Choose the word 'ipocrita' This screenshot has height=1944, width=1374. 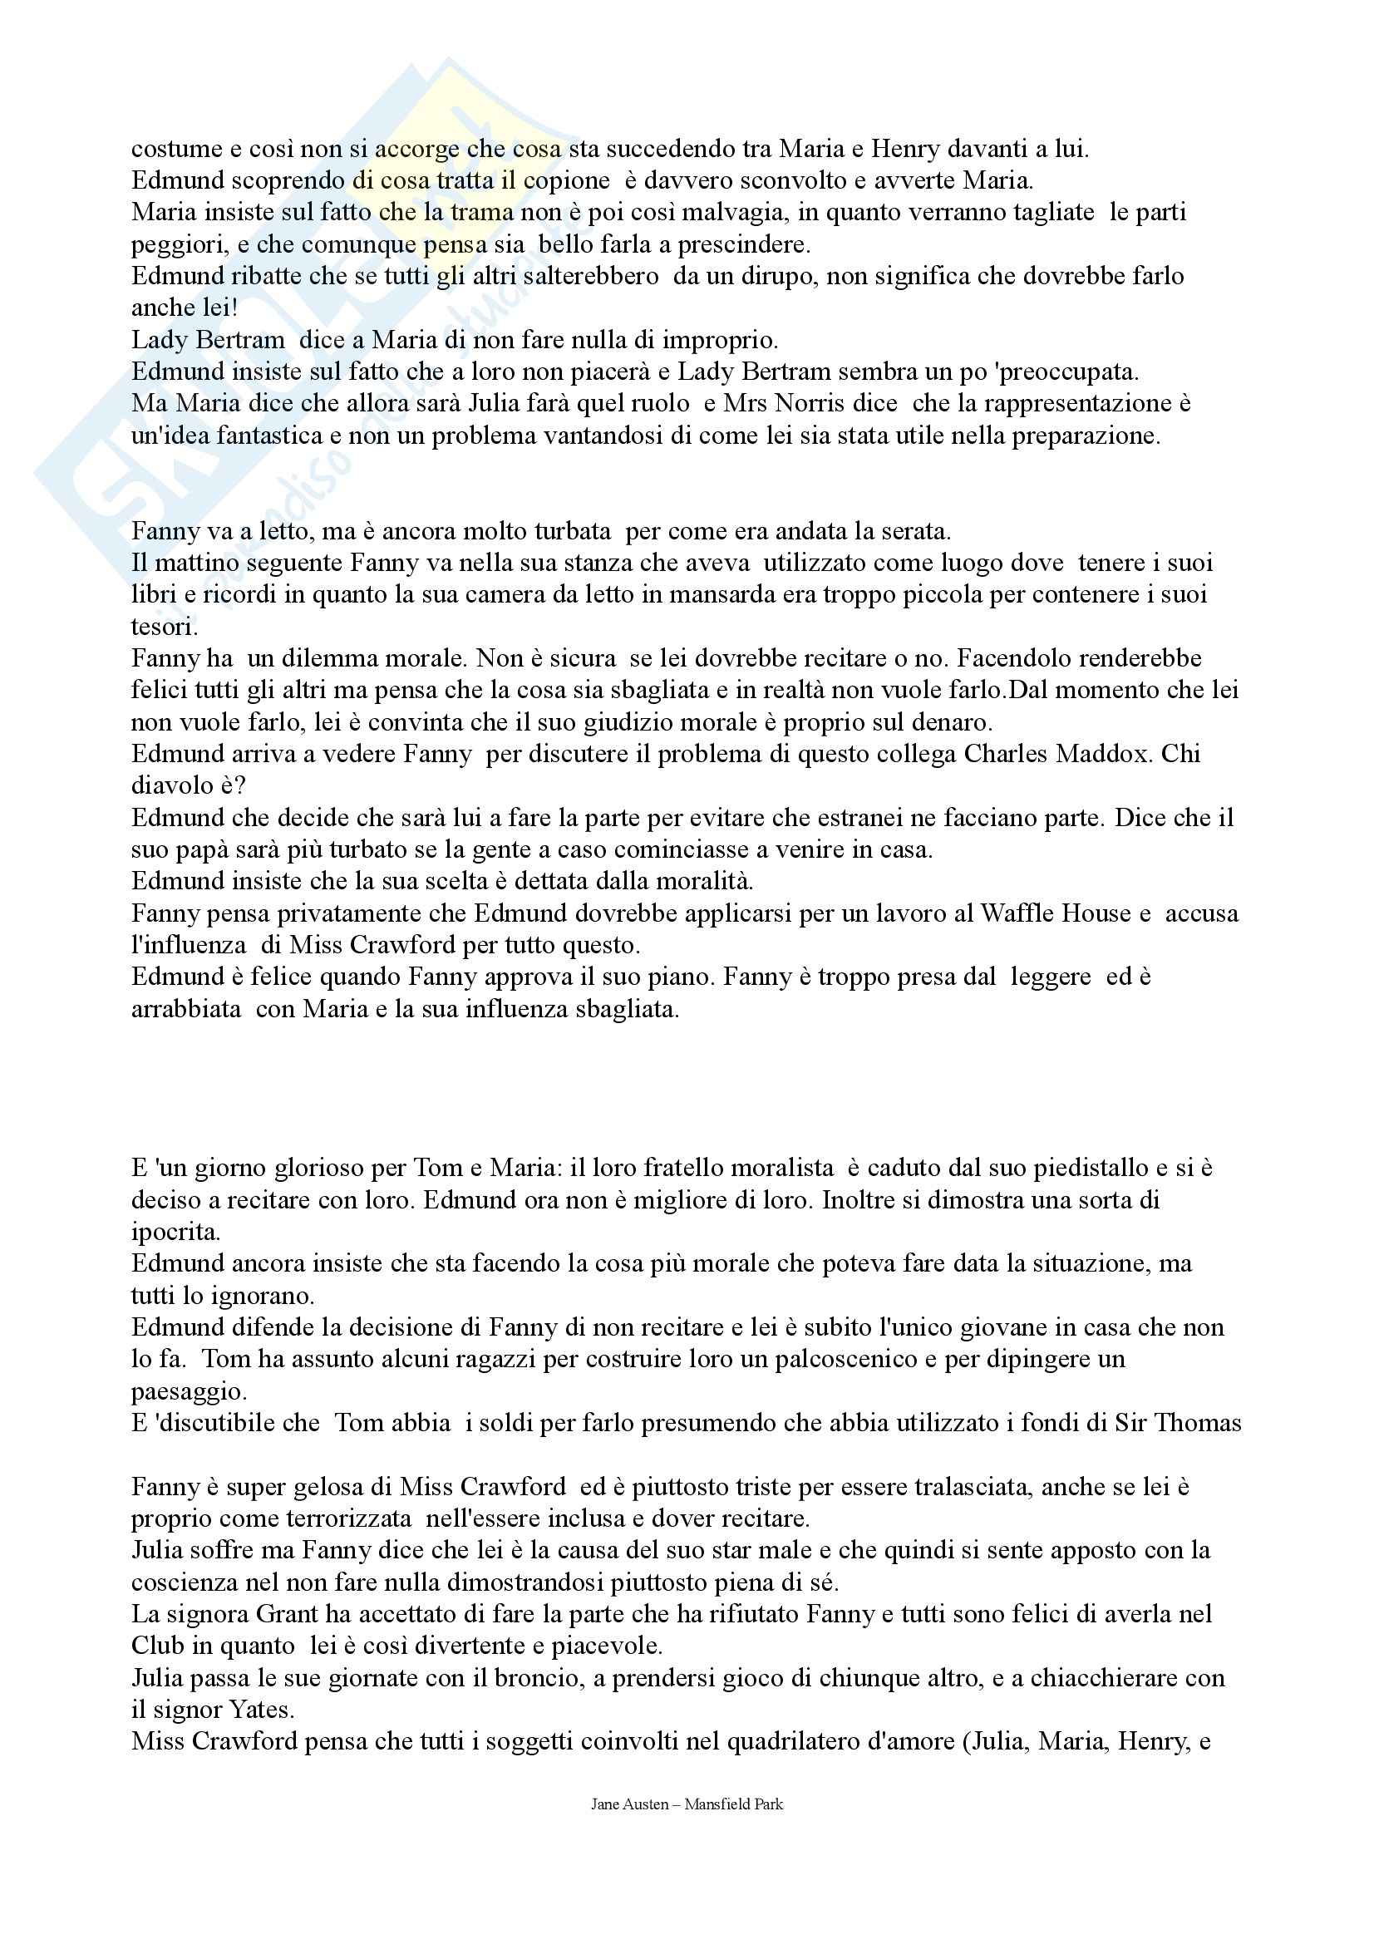[175, 1232]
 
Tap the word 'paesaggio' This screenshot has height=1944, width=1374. [188, 1391]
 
